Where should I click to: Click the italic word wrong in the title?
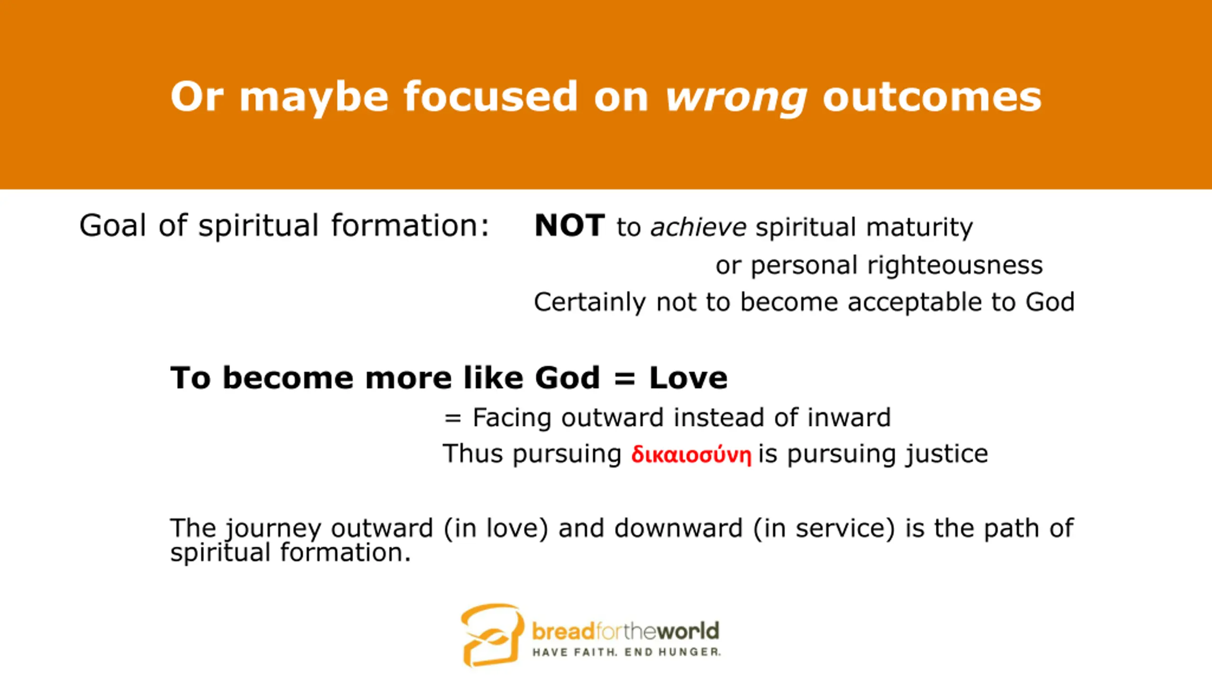click(737, 99)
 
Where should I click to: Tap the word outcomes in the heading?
click(932, 97)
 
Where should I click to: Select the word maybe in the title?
click(314, 99)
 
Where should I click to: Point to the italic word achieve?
click(698, 226)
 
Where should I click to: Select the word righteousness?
click(955, 265)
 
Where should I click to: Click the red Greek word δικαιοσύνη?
click(691, 454)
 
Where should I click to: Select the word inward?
click(849, 417)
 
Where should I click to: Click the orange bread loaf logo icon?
click(493, 635)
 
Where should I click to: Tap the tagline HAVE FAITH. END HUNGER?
click(626, 653)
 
